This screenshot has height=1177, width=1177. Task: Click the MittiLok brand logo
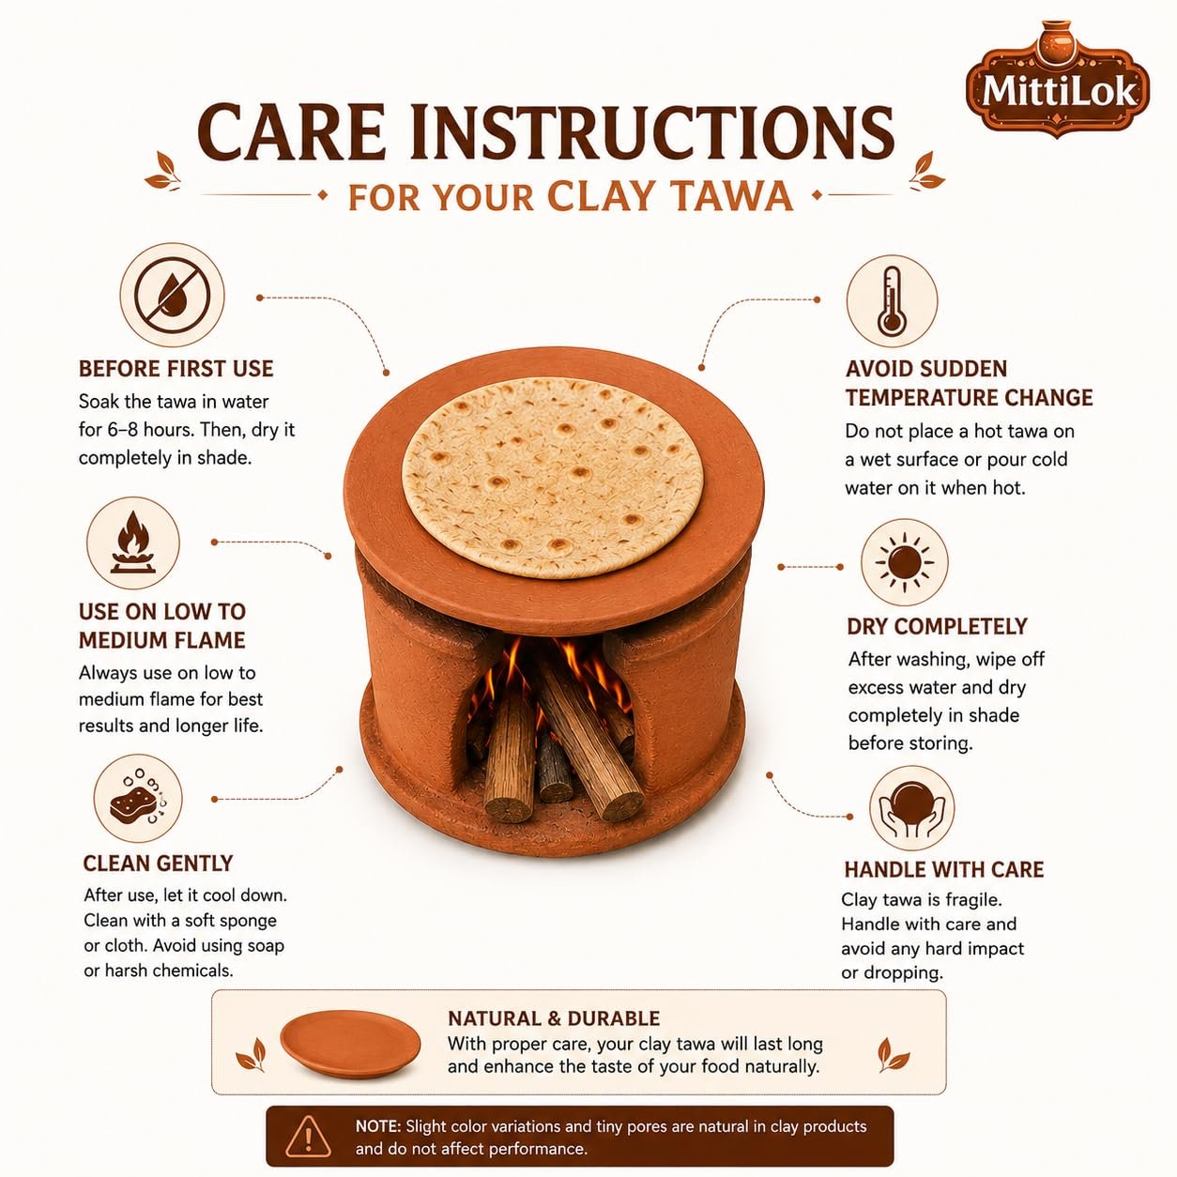point(1058,81)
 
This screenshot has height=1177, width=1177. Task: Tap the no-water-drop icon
point(173,296)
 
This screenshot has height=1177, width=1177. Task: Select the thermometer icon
point(892,300)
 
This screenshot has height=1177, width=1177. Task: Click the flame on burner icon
point(133,543)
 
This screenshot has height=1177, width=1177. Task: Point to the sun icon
point(905,562)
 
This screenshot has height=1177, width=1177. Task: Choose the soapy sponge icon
point(138,799)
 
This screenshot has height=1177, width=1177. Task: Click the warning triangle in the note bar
point(309,1137)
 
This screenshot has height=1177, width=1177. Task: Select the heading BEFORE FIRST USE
point(176,369)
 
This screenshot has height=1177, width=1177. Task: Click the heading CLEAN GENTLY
point(159,864)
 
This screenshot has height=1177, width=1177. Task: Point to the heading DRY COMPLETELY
point(937,627)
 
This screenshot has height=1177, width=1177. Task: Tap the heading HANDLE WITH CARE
point(943,870)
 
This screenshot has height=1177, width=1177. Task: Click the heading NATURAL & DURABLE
point(554,1018)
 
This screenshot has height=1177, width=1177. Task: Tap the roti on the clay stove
point(552,479)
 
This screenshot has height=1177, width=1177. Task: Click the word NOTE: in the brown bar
point(378,1125)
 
